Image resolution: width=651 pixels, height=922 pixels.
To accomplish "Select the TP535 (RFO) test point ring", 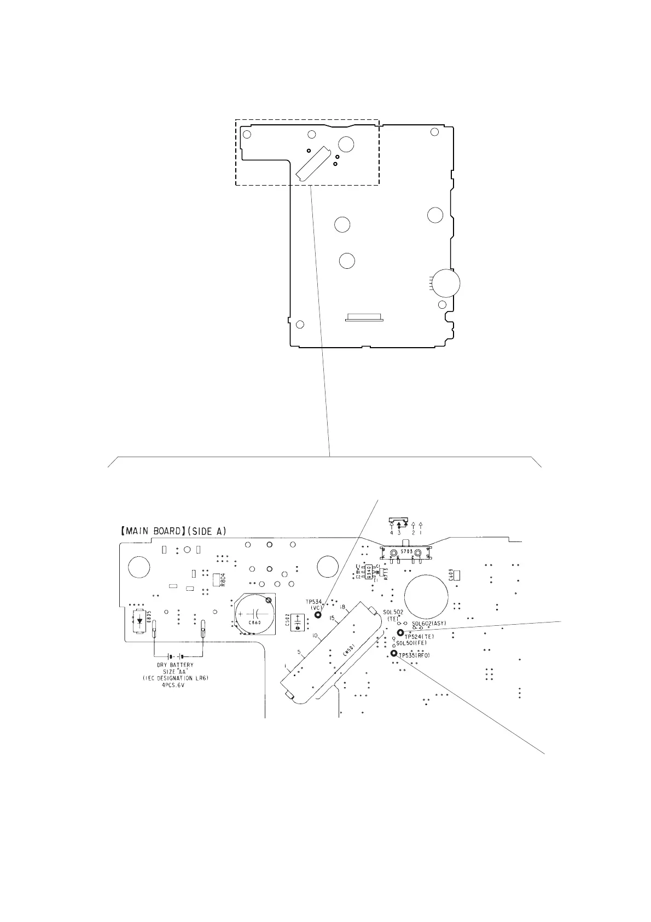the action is [x=393, y=653].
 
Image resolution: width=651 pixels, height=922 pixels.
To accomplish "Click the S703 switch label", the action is [x=405, y=552].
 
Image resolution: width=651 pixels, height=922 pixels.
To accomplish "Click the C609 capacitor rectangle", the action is [x=457, y=575].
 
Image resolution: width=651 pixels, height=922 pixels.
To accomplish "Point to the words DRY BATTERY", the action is [x=175, y=666].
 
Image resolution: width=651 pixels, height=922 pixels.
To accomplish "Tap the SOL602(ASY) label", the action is [x=429, y=623].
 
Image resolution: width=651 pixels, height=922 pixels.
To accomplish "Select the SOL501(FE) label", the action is [x=411, y=643].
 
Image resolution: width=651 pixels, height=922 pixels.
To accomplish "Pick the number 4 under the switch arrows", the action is [x=392, y=532].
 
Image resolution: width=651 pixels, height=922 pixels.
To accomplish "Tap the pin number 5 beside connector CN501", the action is [x=298, y=652].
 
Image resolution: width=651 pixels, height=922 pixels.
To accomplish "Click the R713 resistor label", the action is [x=386, y=574].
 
